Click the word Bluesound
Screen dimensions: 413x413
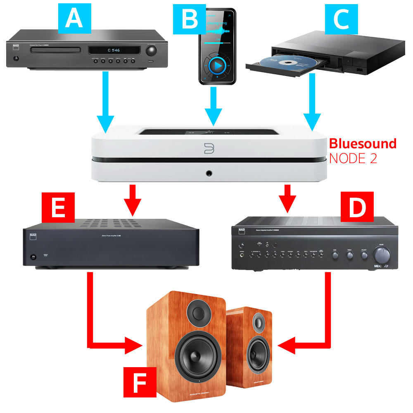point(363,144)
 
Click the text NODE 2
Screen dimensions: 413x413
point(353,159)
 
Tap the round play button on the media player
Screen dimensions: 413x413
point(217,65)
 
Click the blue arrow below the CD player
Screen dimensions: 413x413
point(106,101)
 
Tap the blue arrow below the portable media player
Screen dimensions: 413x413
point(213,105)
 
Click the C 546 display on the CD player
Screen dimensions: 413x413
point(102,51)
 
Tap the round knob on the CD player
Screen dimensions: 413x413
point(152,51)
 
